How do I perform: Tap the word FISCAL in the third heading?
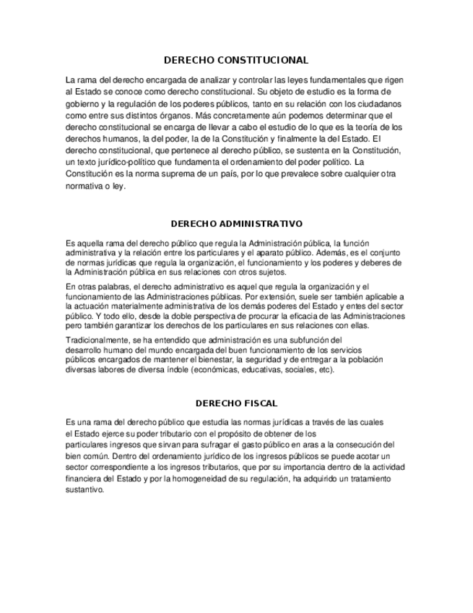(261, 403)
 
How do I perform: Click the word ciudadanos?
(376, 103)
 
